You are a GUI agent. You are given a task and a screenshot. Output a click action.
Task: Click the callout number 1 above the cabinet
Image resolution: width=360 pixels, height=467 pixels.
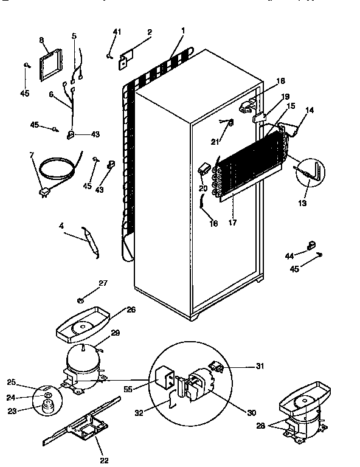point(183,30)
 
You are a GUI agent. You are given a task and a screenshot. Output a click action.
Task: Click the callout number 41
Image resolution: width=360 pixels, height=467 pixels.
point(117,32)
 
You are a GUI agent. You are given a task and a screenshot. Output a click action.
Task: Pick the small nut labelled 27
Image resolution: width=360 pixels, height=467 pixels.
point(81,300)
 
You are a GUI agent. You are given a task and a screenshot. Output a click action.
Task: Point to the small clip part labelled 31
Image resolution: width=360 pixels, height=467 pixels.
point(215,367)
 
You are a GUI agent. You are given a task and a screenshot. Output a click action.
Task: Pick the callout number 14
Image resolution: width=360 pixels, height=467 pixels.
point(310,111)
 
